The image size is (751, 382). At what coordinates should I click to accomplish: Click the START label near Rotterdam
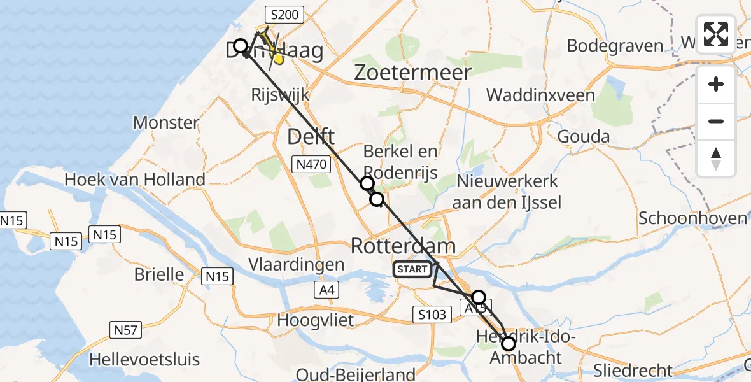[412, 270]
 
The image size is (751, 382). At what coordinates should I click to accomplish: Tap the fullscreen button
[716, 34]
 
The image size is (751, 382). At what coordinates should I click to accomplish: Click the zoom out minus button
[716, 122]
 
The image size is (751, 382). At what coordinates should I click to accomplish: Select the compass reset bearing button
[716, 159]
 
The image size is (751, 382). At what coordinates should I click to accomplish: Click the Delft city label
[311, 136]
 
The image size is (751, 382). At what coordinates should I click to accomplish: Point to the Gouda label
[583, 136]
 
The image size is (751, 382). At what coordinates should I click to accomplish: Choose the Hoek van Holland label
[134, 180]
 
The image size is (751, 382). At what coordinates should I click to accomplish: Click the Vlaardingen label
[297, 264]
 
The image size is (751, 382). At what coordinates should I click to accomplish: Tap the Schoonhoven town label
[692, 218]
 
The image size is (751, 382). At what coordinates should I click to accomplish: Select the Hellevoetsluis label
[144, 359]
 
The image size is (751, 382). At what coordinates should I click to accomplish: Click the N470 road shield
[312, 165]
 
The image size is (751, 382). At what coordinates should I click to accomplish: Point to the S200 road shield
[285, 14]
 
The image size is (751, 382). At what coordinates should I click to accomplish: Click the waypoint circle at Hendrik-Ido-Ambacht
[509, 344]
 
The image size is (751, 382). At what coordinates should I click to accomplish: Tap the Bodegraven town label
[614, 46]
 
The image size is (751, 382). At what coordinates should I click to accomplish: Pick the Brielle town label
[159, 275]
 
